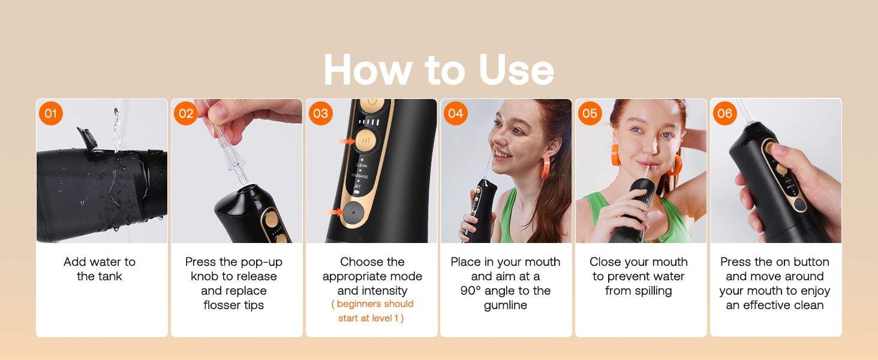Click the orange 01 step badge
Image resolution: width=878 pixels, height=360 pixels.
tap(51, 113)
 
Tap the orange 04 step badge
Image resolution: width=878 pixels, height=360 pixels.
tap(456, 113)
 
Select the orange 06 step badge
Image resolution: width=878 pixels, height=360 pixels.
tap(725, 113)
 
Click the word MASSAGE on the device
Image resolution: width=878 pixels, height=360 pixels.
tap(360, 176)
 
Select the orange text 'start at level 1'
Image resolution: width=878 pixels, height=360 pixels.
tap(371, 318)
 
